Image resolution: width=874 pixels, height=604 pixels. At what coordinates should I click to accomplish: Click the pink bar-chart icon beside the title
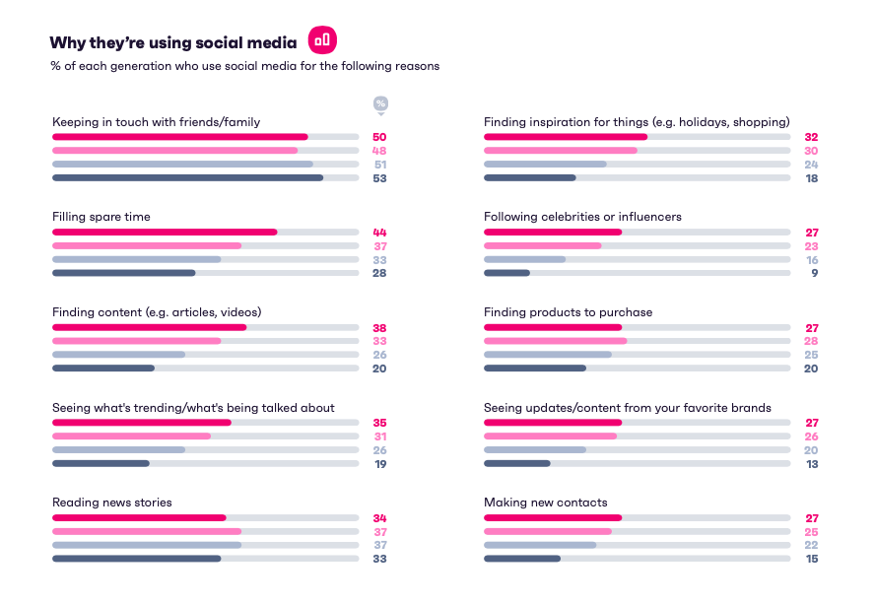pos(322,40)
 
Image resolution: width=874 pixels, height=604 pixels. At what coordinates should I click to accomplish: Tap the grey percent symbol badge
pos(380,103)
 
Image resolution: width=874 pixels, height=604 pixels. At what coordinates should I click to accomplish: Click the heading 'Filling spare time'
pos(101,217)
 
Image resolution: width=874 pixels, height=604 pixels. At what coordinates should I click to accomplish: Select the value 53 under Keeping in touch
pos(379,178)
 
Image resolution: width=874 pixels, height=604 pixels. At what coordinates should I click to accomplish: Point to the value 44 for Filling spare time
pos(379,233)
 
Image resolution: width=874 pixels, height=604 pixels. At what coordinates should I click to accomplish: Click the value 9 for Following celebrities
pos(815,273)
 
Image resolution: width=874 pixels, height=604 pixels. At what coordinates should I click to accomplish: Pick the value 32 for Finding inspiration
pos(811,138)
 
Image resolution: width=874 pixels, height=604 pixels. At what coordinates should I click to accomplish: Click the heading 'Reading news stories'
pos(111,503)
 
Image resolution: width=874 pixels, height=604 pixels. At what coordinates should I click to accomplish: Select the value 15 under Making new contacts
pos(811,559)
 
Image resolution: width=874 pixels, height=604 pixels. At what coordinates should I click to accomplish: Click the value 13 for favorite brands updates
pos(811,463)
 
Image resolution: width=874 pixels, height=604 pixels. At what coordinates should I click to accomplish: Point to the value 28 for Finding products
pos(811,341)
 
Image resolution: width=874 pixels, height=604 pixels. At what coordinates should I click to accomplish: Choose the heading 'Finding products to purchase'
pos(568,312)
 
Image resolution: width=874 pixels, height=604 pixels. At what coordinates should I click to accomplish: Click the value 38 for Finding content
pos(379,328)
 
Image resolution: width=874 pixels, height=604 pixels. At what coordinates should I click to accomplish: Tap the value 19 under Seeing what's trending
pos(379,463)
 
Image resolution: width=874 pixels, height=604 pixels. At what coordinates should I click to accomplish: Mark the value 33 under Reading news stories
pos(379,559)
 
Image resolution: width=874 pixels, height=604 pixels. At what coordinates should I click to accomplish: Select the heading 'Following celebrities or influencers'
pos(582,217)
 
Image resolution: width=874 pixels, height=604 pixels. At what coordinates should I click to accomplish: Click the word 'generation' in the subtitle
pos(134,67)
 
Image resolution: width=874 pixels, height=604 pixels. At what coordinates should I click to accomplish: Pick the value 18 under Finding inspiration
pos(811,178)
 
